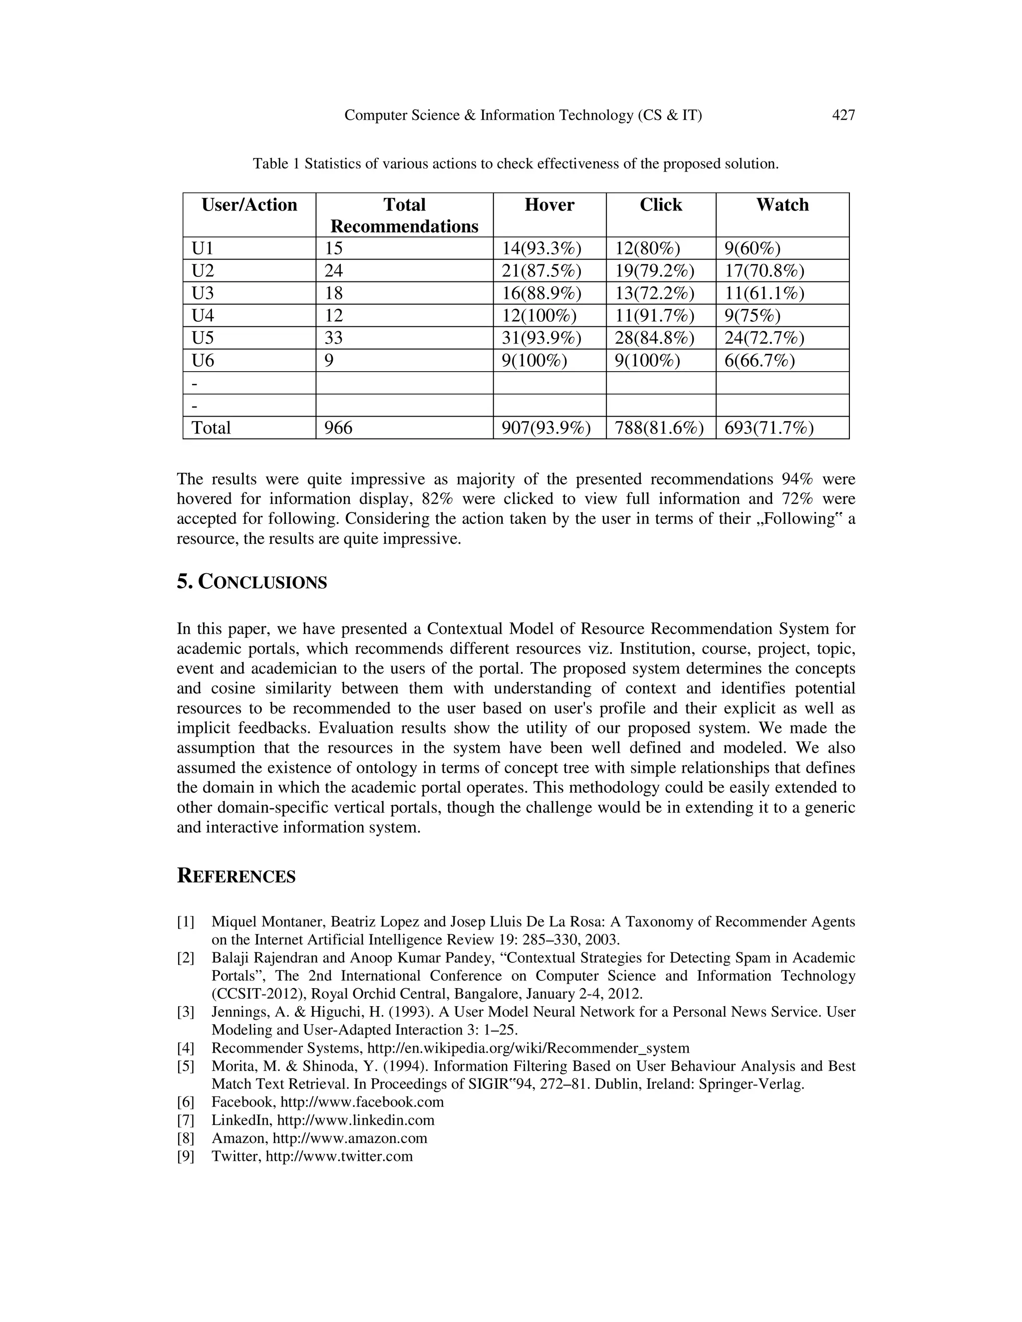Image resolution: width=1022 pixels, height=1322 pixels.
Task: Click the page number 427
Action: pyautogui.click(x=843, y=115)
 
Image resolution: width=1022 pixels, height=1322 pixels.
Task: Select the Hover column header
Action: pyautogui.click(x=549, y=205)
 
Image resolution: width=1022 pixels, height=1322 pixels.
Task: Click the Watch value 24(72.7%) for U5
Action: pyautogui.click(x=764, y=338)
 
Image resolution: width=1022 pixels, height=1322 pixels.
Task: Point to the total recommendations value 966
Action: pyautogui.click(x=338, y=428)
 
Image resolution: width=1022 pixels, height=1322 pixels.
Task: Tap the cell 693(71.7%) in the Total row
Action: pyautogui.click(x=768, y=428)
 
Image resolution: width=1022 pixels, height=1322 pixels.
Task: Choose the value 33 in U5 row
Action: pyautogui.click(x=334, y=338)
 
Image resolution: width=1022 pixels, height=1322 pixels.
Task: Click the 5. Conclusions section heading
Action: pyautogui.click(x=252, y=582)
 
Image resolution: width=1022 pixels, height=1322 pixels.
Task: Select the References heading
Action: pyautogui.click(x=236, y=877)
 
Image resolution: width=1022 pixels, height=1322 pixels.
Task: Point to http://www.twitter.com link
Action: pyautogui.click(x=339, y=1156)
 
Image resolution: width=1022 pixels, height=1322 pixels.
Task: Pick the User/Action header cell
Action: pyautogui.click(x=249, y=205)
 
